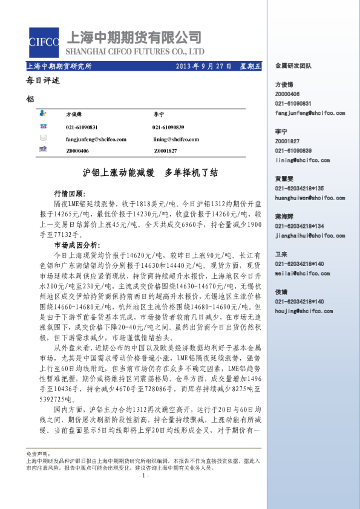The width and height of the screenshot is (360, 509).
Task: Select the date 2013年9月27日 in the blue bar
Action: click(203, 66)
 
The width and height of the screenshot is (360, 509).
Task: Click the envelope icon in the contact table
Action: click(44, 138)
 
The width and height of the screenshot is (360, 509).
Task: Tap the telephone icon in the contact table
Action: click(44, 127)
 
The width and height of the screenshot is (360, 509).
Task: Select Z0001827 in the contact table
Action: click(165, 151)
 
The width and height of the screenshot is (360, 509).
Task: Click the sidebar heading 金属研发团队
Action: click(293, 65)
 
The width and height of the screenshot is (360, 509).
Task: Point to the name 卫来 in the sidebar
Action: click(281, 254)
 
